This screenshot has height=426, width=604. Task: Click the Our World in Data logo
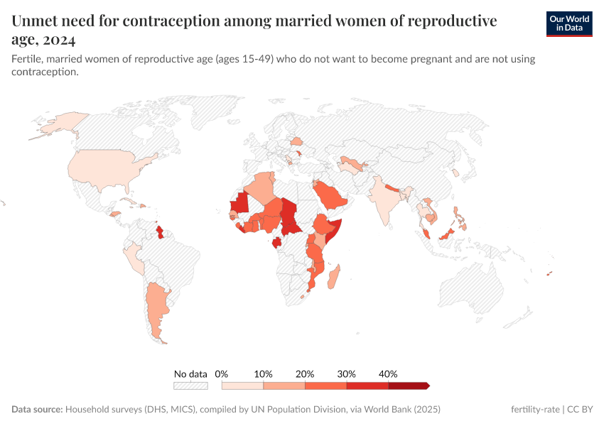click(x=568, y=23)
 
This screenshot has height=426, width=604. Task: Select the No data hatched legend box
click(x=190, y=386)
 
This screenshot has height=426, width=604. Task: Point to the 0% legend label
click(x=221, y=373)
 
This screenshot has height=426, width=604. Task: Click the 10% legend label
click(x=263, y=373)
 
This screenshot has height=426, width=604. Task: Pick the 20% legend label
click(x=305, y=373)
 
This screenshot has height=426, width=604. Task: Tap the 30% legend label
click(x=347, y=373)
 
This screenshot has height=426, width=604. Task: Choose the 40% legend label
click(x=388, y=373)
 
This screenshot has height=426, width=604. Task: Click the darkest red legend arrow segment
click(x=409, y=386)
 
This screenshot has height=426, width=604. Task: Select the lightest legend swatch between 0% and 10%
click(x=242, y=386)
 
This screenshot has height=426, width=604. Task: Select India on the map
click(x=384, y=203)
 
